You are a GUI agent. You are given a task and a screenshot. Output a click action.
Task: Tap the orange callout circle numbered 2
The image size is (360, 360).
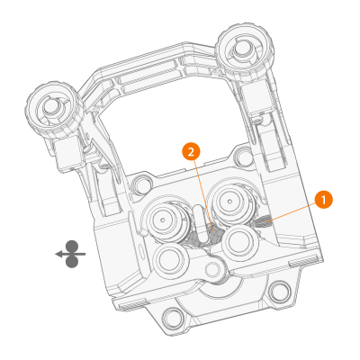(x=190, y=151)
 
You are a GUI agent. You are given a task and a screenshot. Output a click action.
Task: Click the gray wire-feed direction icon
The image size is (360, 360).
(x=70, y=254)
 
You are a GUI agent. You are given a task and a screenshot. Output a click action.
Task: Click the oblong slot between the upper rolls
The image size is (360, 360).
(x=196, y=217)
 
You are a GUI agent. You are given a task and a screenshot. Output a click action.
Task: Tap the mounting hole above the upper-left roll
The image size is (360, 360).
(x=142, y=185)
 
